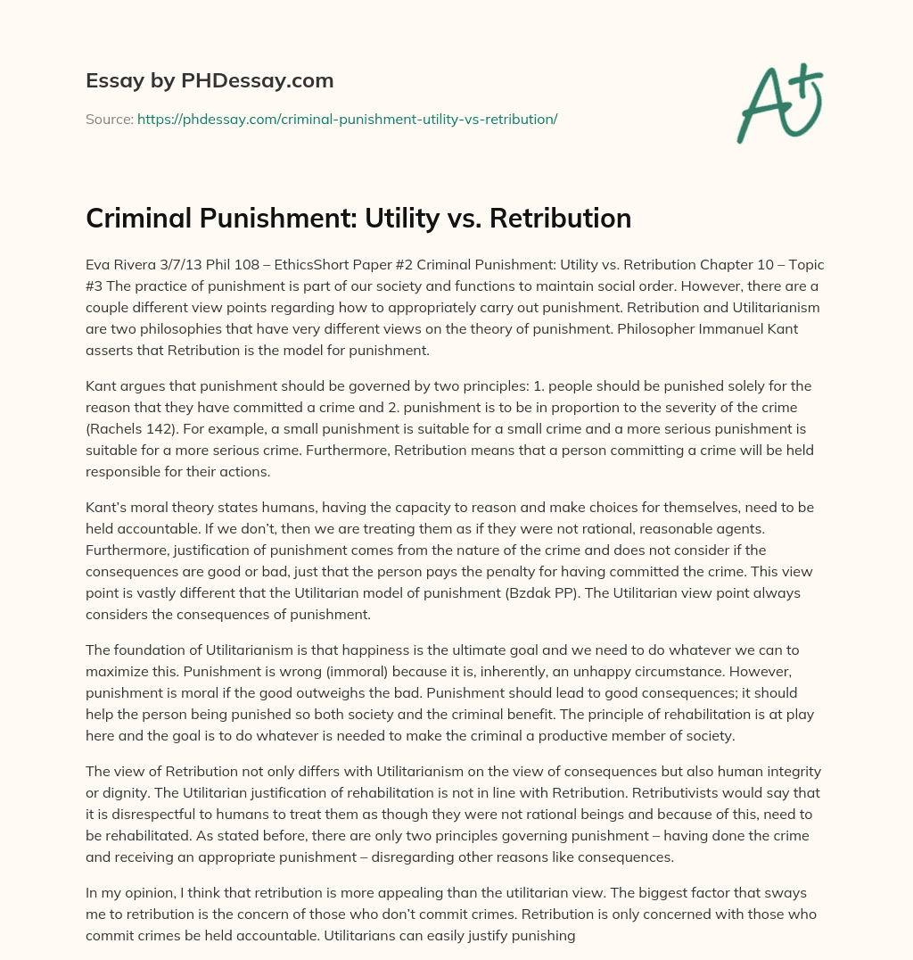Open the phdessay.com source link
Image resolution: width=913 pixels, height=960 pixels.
click(x=347, y=119)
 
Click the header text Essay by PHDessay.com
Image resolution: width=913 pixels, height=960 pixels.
click(x=210, y=81)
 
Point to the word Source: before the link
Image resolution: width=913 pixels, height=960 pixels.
click(x=110, y=119)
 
